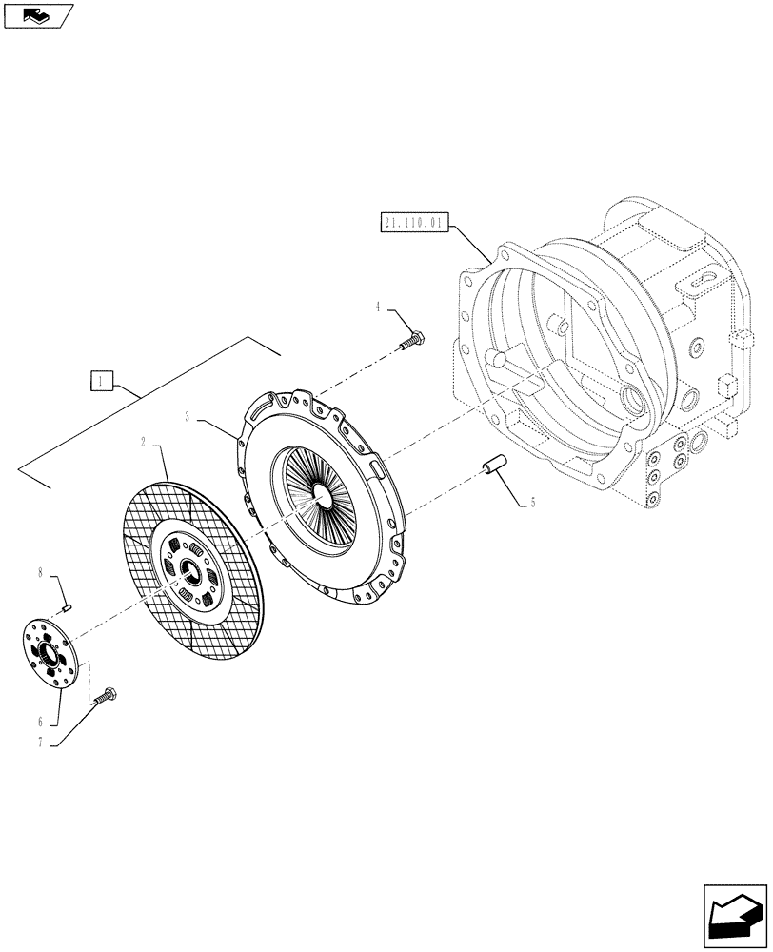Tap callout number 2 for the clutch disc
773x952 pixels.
click(x=143, y=444)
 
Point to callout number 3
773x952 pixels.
click(x=188, y=416)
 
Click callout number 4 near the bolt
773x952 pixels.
click(x=378, y=307)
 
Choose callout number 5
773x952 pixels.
click(x=533, y=503)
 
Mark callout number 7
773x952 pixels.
click(x=39, y=744)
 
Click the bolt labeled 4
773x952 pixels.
click(x=413, y=338)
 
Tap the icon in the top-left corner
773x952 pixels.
click(x=36, y=14)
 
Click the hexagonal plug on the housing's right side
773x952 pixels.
click(x=725, y=388)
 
